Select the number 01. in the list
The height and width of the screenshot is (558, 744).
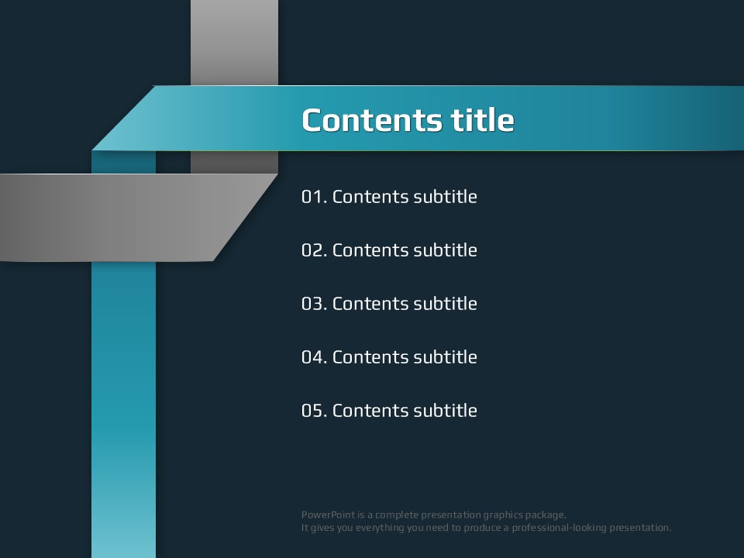pyautogui.click(x=315, y=197)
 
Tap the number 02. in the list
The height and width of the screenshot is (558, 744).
pyautogui.click(x=315, y=250)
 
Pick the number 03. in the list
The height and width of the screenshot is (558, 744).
pyautogui.click(x=315, y=304)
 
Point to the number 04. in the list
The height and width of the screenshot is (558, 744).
pyautogui.click(x=315, y=357)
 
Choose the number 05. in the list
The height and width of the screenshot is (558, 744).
pyautogui.click(x=315, y=411)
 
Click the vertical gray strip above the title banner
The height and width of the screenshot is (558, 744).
pyautogui.click(x=234, y=42)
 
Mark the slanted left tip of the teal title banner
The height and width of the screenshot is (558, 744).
pyautogui.click(x=92, y=150)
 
